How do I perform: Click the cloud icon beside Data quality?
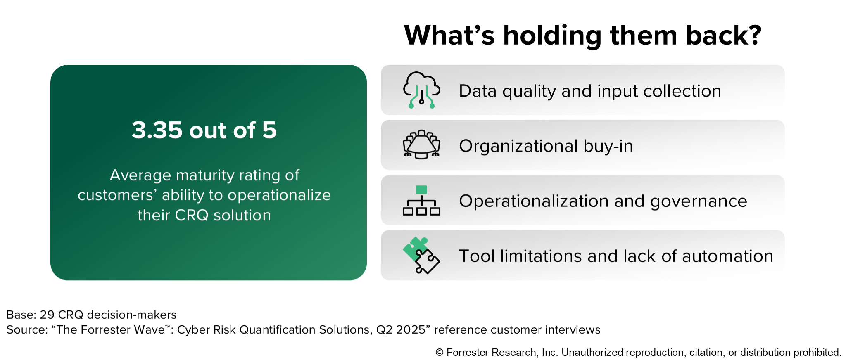(421, 90)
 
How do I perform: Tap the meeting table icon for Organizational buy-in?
(421, 144)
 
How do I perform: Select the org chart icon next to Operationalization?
(421, 201)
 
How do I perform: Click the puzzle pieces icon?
(421, 255)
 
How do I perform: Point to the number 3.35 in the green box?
(157, 130)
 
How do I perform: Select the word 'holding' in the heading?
(552, 36)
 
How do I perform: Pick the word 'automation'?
(727, 256)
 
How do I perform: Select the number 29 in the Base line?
(47, 315)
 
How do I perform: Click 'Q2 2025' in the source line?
(401, 330)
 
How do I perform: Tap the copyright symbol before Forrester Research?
(440, 353)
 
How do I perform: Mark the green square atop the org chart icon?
(421, 190)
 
